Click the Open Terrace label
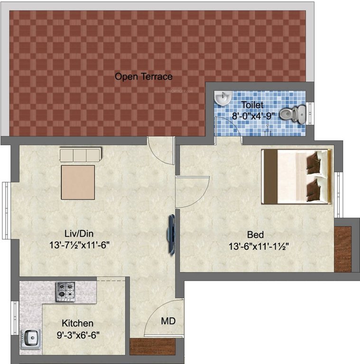click(143, 76)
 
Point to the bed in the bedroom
click(296, 177)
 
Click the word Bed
click(255, 235)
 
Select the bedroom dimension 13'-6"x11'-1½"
click(258, 246)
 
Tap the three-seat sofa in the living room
click(80, 155)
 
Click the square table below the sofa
click(78, 182)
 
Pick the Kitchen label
click(78, 324)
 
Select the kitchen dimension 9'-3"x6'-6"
click(78, 335)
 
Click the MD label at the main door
click(168, 321)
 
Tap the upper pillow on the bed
click(314, 161)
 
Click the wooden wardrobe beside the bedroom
click(342, 249)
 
